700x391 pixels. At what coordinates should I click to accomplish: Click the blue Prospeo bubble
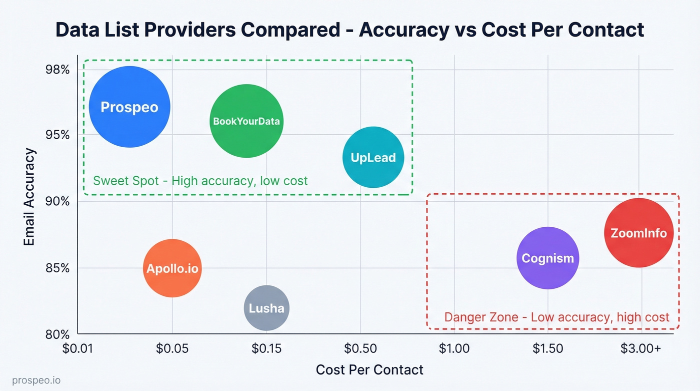click(129, 107)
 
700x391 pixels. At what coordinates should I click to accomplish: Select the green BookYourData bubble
click(246, 121)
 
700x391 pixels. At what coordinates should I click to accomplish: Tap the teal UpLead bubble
click(373, 158)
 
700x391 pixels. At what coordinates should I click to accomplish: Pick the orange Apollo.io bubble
click(172, 268)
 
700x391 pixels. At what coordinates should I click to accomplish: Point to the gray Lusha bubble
click(266, 308)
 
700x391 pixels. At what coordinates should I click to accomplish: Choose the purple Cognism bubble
click(548, 258)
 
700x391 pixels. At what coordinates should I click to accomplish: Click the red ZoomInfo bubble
click(638, 233)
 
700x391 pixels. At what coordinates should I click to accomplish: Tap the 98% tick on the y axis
click(57, 69)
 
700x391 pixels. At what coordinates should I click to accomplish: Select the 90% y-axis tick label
click(57, 201)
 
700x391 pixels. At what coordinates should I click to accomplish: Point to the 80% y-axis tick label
click(57, 334)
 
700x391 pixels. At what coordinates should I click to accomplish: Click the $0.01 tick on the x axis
click(78, 348)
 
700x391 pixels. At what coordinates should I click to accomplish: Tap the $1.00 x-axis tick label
click(454, 348)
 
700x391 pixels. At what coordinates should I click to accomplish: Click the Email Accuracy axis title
click(29, 197)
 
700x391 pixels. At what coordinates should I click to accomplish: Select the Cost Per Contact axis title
click(369, 370)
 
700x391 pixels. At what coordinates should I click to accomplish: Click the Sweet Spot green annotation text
click(200, 180)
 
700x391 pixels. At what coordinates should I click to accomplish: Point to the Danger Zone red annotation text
click(556, 317)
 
